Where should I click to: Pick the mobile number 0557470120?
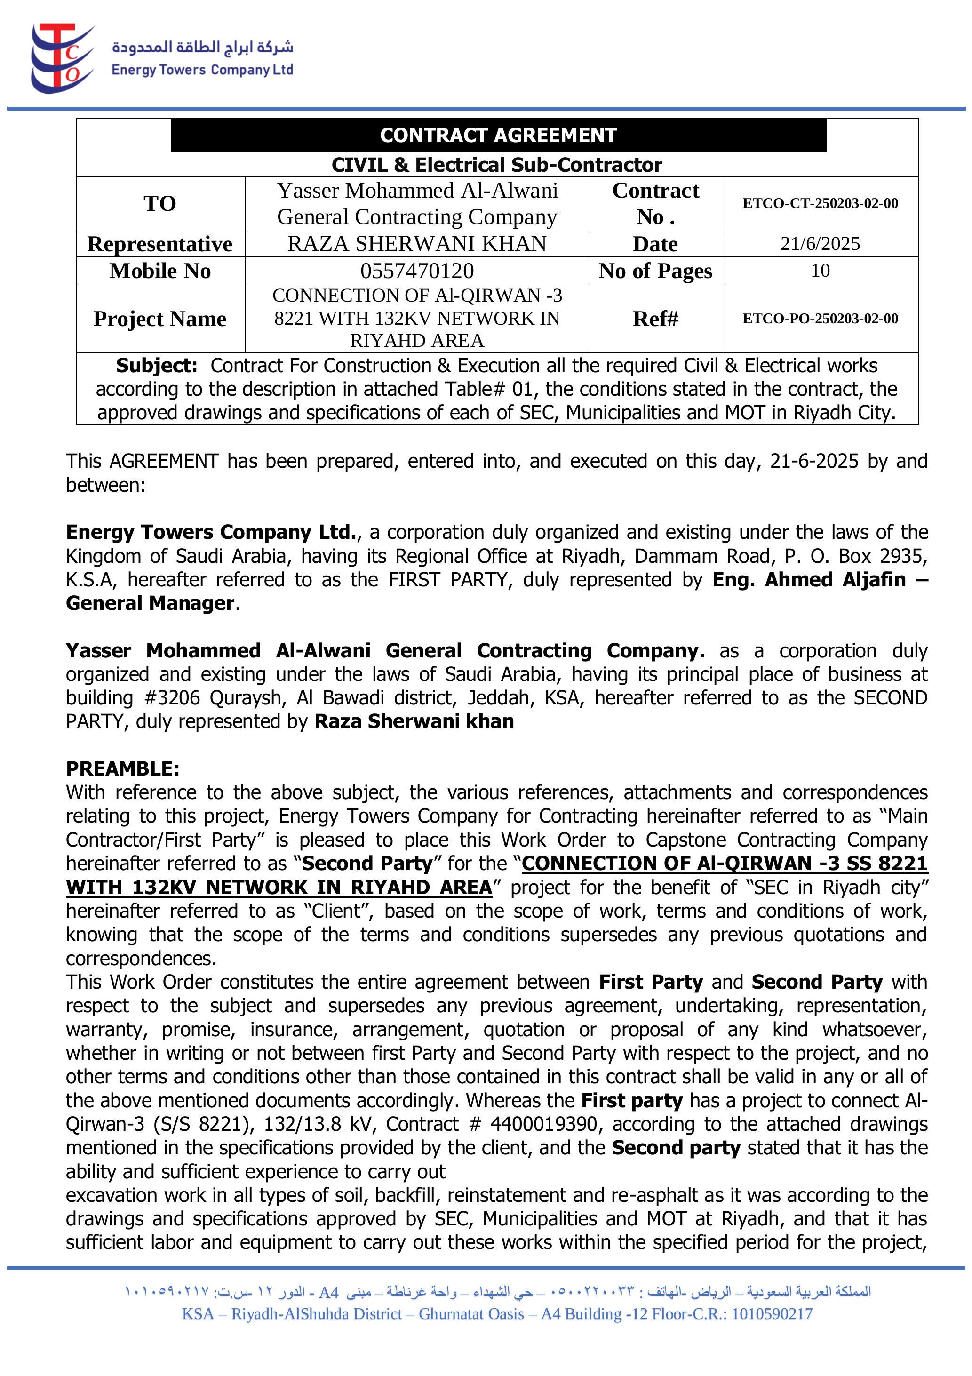[x=417, y=271]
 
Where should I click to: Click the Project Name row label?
[x=160, y=318]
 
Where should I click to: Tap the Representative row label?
[x=160, y=244]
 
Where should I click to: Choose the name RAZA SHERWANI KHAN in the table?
[x=417, y=244]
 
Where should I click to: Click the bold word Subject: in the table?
[x=156, y=366]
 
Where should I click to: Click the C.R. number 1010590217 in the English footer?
[x=772, y=1314]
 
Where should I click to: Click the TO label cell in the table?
[x=160, y=203]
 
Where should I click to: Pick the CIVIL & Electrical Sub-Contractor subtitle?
[x=497, y=165]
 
